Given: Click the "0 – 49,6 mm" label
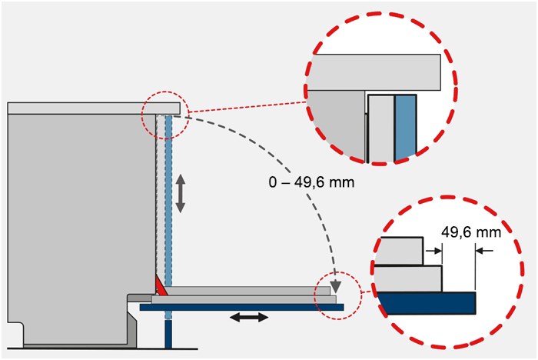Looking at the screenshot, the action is click(311, 182).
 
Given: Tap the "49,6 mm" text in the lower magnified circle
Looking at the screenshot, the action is click(470, 232).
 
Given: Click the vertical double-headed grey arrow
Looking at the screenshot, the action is click(181, 193).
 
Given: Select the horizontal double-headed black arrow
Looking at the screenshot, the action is click(249, 318).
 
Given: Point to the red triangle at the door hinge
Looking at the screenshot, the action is click(161, 286).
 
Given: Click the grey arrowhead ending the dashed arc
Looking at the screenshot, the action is click(336, 286).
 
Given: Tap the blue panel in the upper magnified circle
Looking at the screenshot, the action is click(406, 128).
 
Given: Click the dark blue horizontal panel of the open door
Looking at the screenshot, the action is click(241, 307).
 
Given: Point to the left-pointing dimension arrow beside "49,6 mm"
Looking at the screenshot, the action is click(484, 251).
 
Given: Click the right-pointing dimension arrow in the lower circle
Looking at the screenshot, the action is click(433, 251).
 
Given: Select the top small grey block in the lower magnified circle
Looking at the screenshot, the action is click(401, 251).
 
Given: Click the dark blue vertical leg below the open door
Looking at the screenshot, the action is click(168, 334).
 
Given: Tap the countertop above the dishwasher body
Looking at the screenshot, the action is click(94, 108).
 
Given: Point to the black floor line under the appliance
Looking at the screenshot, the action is click(102, 348).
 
